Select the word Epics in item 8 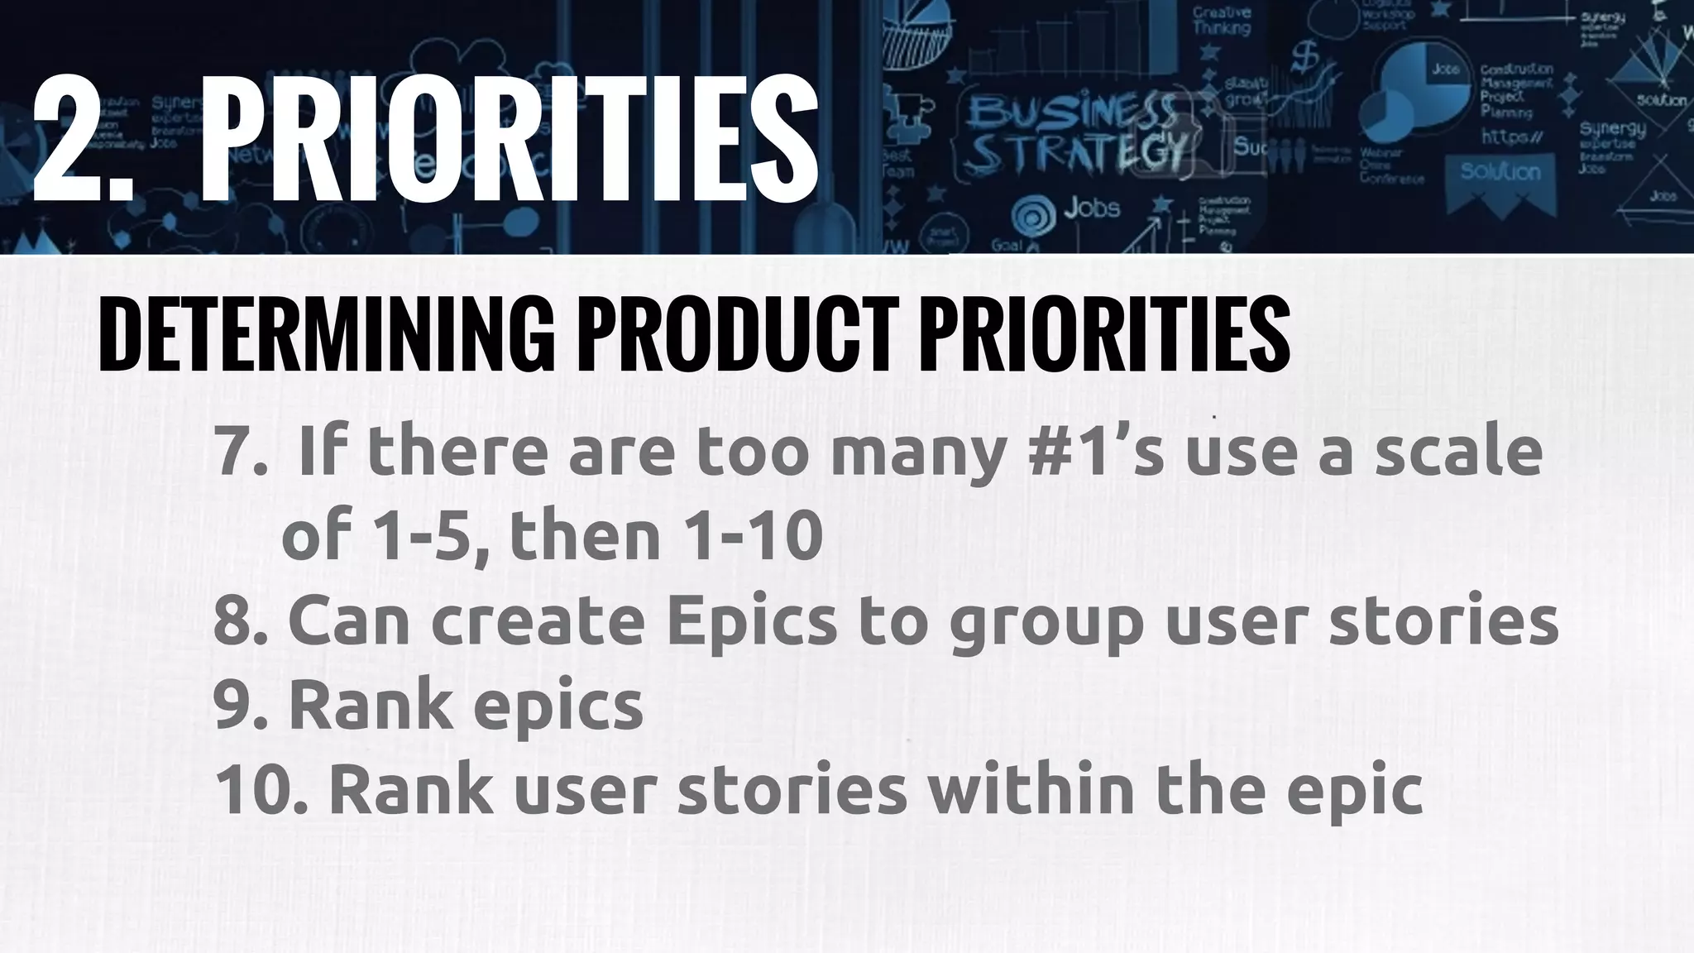pyautogui.click(x=752, y=620)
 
